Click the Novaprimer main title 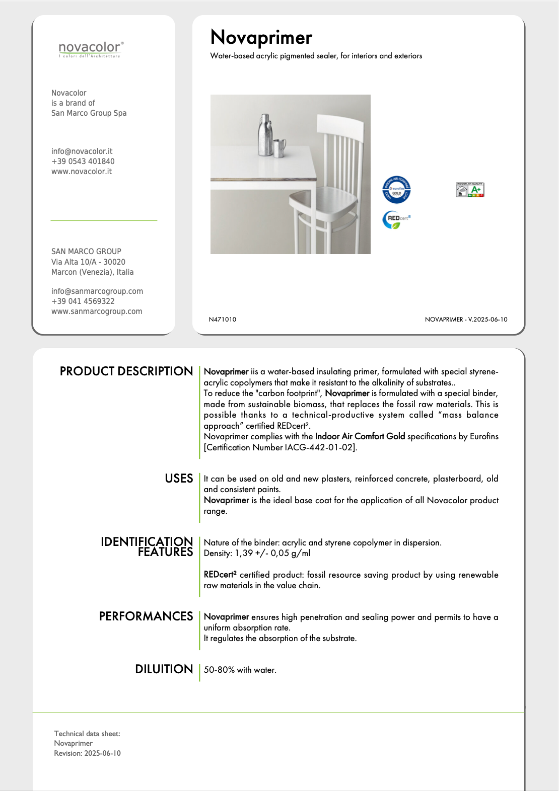click(x=261, y=38)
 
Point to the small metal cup click(x=279, y=148)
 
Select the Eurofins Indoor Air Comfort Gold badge click(x=397, y=190)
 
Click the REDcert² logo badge click(x=397, y=219)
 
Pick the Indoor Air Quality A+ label click(x=469, y=190)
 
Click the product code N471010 click(x=223, y=320)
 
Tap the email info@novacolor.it click(x=82, y=151)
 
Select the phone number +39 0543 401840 click(x=83, y=162)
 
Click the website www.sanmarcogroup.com click(x=97, y=311)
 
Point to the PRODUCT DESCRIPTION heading click(x=126, y=371)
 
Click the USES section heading click(x=179, y=479)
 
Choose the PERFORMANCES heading click(x=146, y=616)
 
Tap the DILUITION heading click(x=164, y=669)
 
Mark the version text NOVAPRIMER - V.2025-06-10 click(x=466, y=320)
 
